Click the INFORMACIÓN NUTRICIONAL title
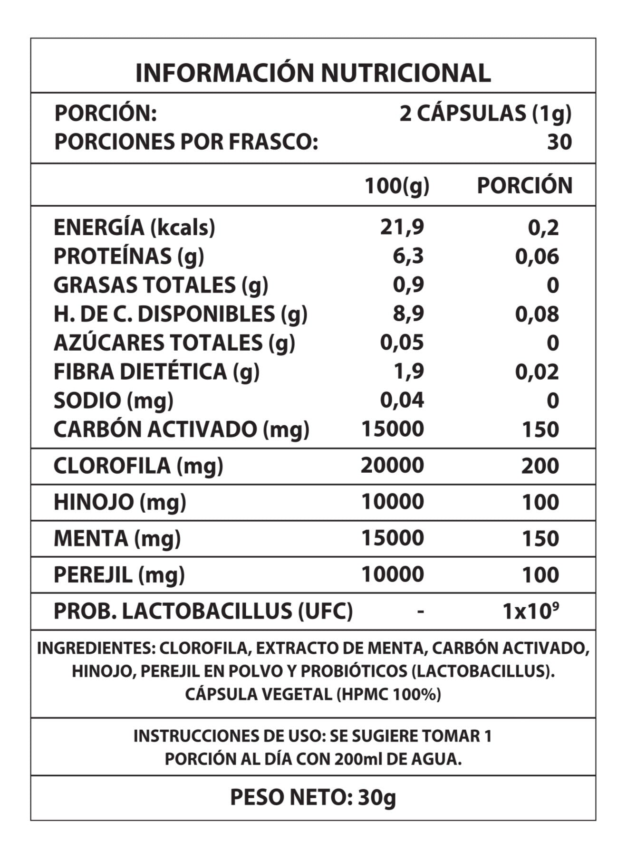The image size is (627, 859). tap(313, 73)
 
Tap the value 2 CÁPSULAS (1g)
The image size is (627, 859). tap(485, 114)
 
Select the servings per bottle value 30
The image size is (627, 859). tap(559, 142)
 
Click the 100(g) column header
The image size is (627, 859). tap(396, 186)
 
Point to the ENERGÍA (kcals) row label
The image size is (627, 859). tap(134, 228)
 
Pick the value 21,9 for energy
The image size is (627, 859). tap(402, 228)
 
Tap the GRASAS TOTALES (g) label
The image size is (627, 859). tap(161, 285)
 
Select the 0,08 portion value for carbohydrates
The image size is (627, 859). tap(537, 314)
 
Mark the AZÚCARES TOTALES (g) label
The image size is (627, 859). tap(174, 343)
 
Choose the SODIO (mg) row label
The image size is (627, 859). tap(113, 401)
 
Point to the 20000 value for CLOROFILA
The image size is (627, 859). tap(392, 466)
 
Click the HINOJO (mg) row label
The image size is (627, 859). tap(120, 502)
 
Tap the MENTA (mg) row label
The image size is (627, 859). tap(117, 538)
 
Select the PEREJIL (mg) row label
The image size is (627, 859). tap(119, 575)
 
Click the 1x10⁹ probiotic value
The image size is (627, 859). tap(530, 611)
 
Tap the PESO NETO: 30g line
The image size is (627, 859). tap(313, 797)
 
